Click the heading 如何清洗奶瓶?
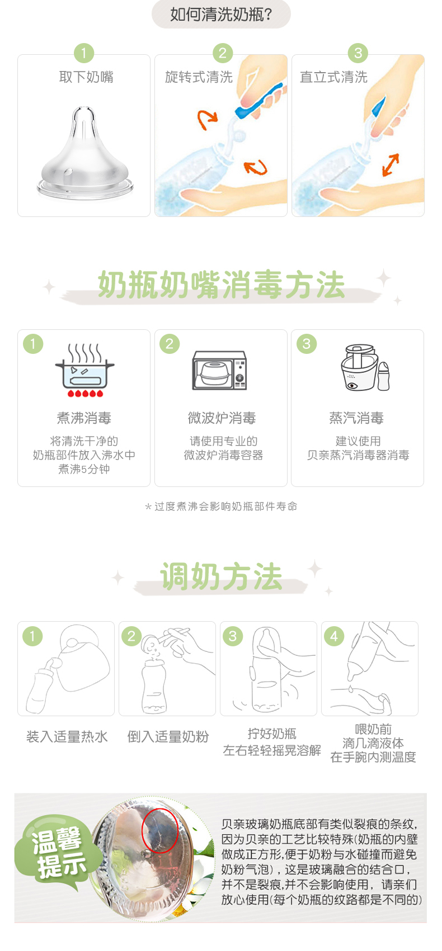click(221, 15)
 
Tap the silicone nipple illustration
click(85, 153)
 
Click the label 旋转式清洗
click(199, 77)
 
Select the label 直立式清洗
click(333, 77)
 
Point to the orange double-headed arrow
click(391, 165)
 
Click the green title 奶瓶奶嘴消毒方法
click(221, 285)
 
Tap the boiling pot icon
click(84, 370)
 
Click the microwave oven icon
click(219, 370)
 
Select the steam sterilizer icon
click(365, 368)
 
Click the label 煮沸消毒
click(84, 418)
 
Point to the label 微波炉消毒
click(222, 418)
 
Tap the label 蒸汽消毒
click(356, 418)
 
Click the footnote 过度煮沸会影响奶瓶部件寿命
click(225, 506)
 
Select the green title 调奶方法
click(221, 576)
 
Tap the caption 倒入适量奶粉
click(168, 737)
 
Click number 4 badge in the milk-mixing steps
click(333, 636)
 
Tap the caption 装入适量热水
click(67, 737)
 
